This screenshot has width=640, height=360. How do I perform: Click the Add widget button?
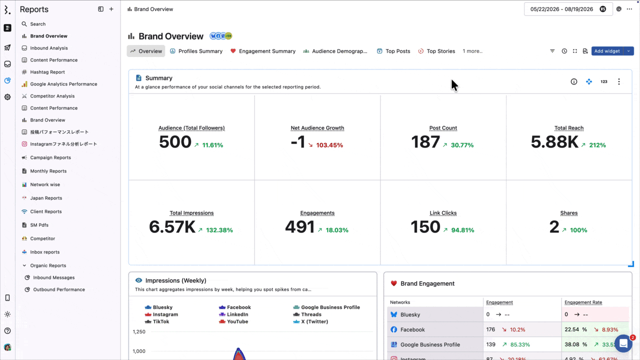tap(607, 51)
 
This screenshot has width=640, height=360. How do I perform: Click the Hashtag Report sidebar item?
tap(47, 72)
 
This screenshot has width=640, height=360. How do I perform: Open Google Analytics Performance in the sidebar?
tap(63, 84)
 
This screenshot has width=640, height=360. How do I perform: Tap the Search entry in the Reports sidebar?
tap(37, 24)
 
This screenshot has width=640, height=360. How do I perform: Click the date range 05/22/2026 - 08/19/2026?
tap(561, 9)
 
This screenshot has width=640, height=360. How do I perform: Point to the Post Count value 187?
tap(425, 141)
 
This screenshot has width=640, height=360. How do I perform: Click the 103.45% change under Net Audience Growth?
tap(329, 145)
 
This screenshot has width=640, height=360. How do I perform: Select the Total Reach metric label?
tap(569, 128)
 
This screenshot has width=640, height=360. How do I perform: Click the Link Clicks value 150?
tap(425, 227)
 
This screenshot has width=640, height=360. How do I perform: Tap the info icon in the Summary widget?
tap(573, 81)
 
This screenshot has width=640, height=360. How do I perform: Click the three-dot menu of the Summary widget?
tap(619, 81)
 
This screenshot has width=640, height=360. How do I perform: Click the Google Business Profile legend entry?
tap(326, 307)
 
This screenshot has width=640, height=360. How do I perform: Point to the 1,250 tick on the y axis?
tap(139, 331)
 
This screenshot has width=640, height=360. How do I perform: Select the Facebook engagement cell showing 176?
tap(490, 329)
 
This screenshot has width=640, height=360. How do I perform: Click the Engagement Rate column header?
tap(583, 302)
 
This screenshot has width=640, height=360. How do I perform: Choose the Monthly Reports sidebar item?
tap(48, 171)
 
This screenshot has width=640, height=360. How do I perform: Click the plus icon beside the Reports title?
tap(111, 9)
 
